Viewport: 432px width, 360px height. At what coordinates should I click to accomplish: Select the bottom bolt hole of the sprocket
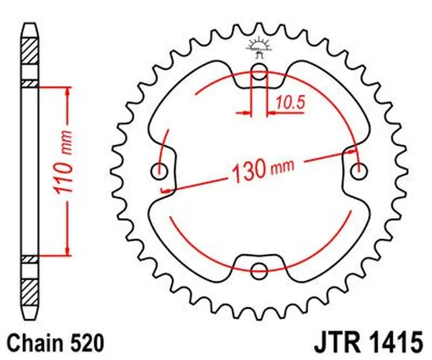pos(258,271)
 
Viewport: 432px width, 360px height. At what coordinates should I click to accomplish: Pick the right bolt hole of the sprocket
pos(359,171)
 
